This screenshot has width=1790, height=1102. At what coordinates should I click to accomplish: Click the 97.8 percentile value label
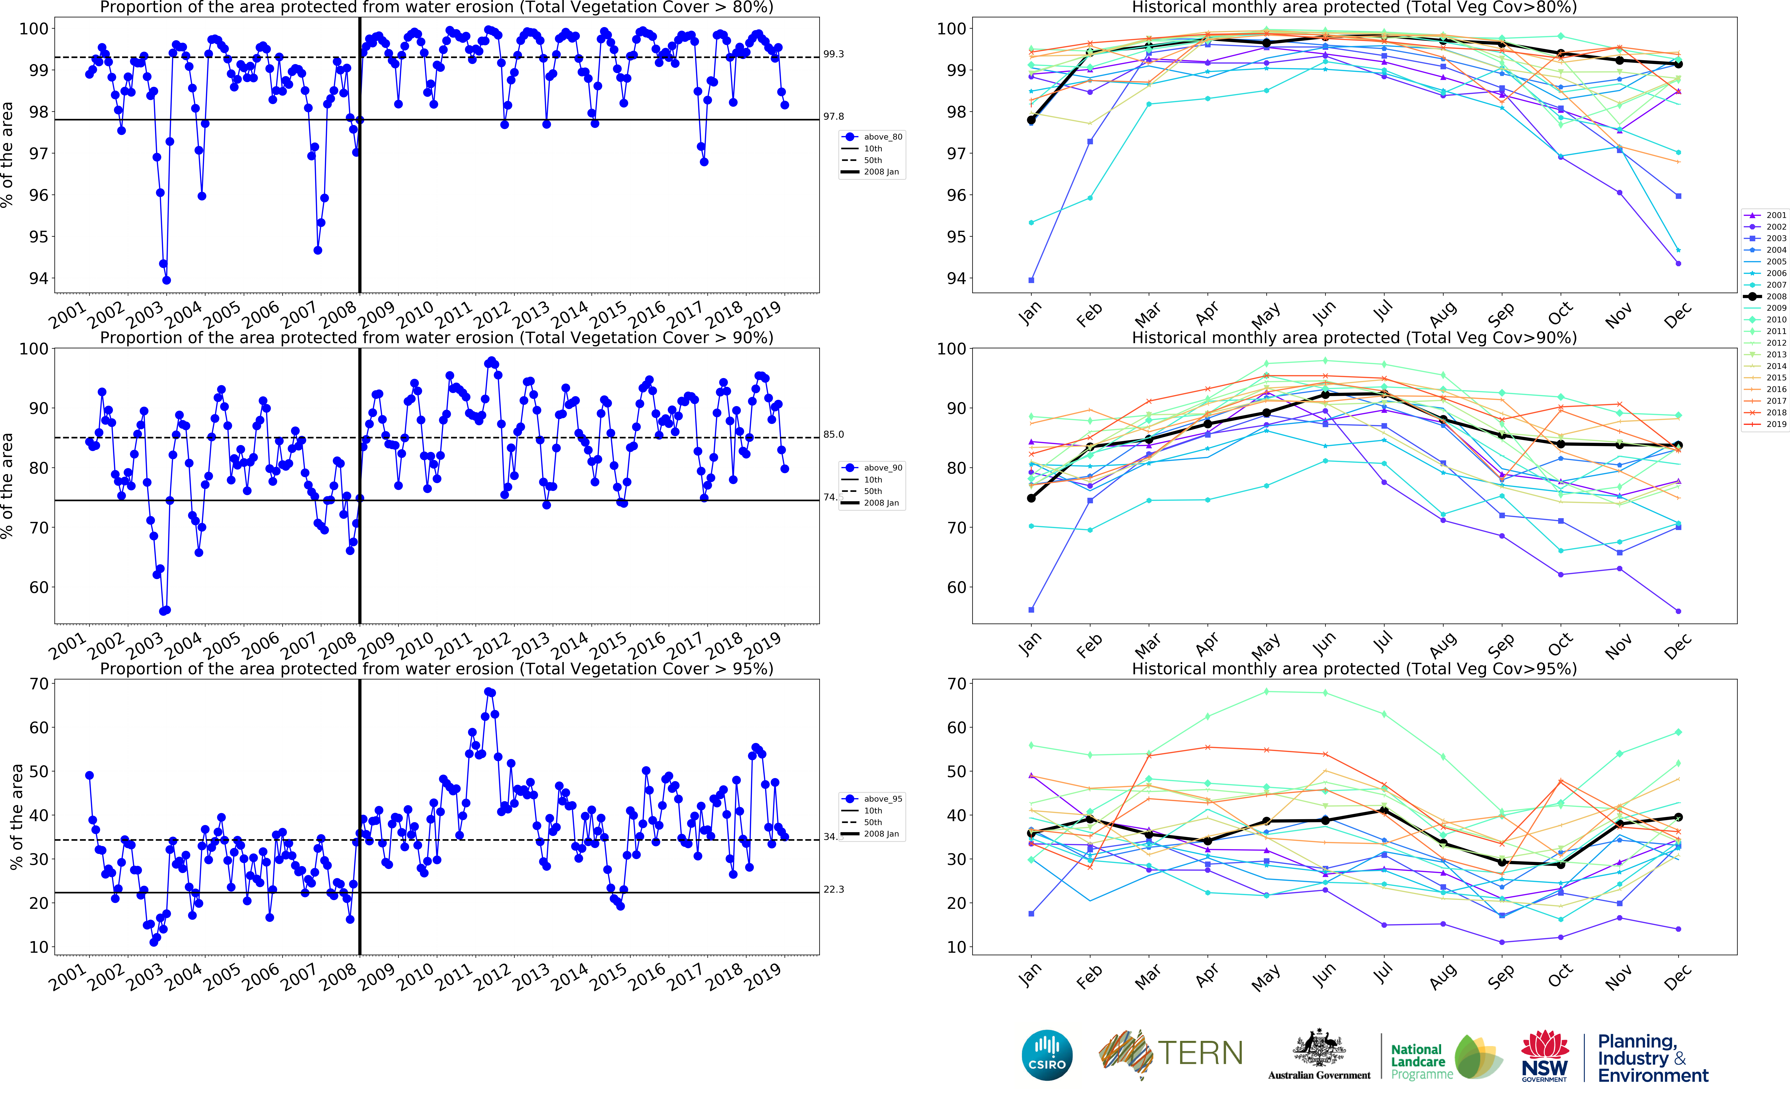point(833,117)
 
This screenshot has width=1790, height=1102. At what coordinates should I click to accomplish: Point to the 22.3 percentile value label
point(833,889)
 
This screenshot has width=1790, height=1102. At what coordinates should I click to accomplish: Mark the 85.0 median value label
point(833,434)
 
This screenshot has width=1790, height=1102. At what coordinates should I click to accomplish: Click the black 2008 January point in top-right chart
point(1031,119)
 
